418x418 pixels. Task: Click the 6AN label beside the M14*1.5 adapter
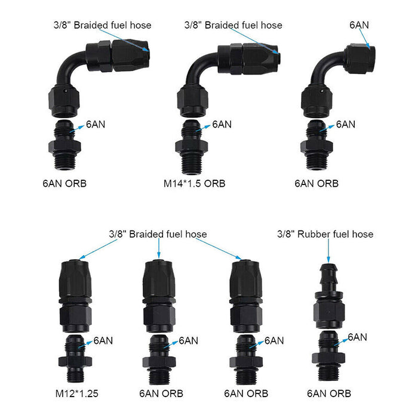(222, 124)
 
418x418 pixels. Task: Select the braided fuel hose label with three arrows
(158, 234)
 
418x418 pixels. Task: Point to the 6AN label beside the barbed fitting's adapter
(356, 337)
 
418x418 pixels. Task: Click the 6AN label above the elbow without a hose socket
(359, 26)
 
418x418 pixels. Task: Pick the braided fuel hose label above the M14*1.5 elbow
(233, 25)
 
